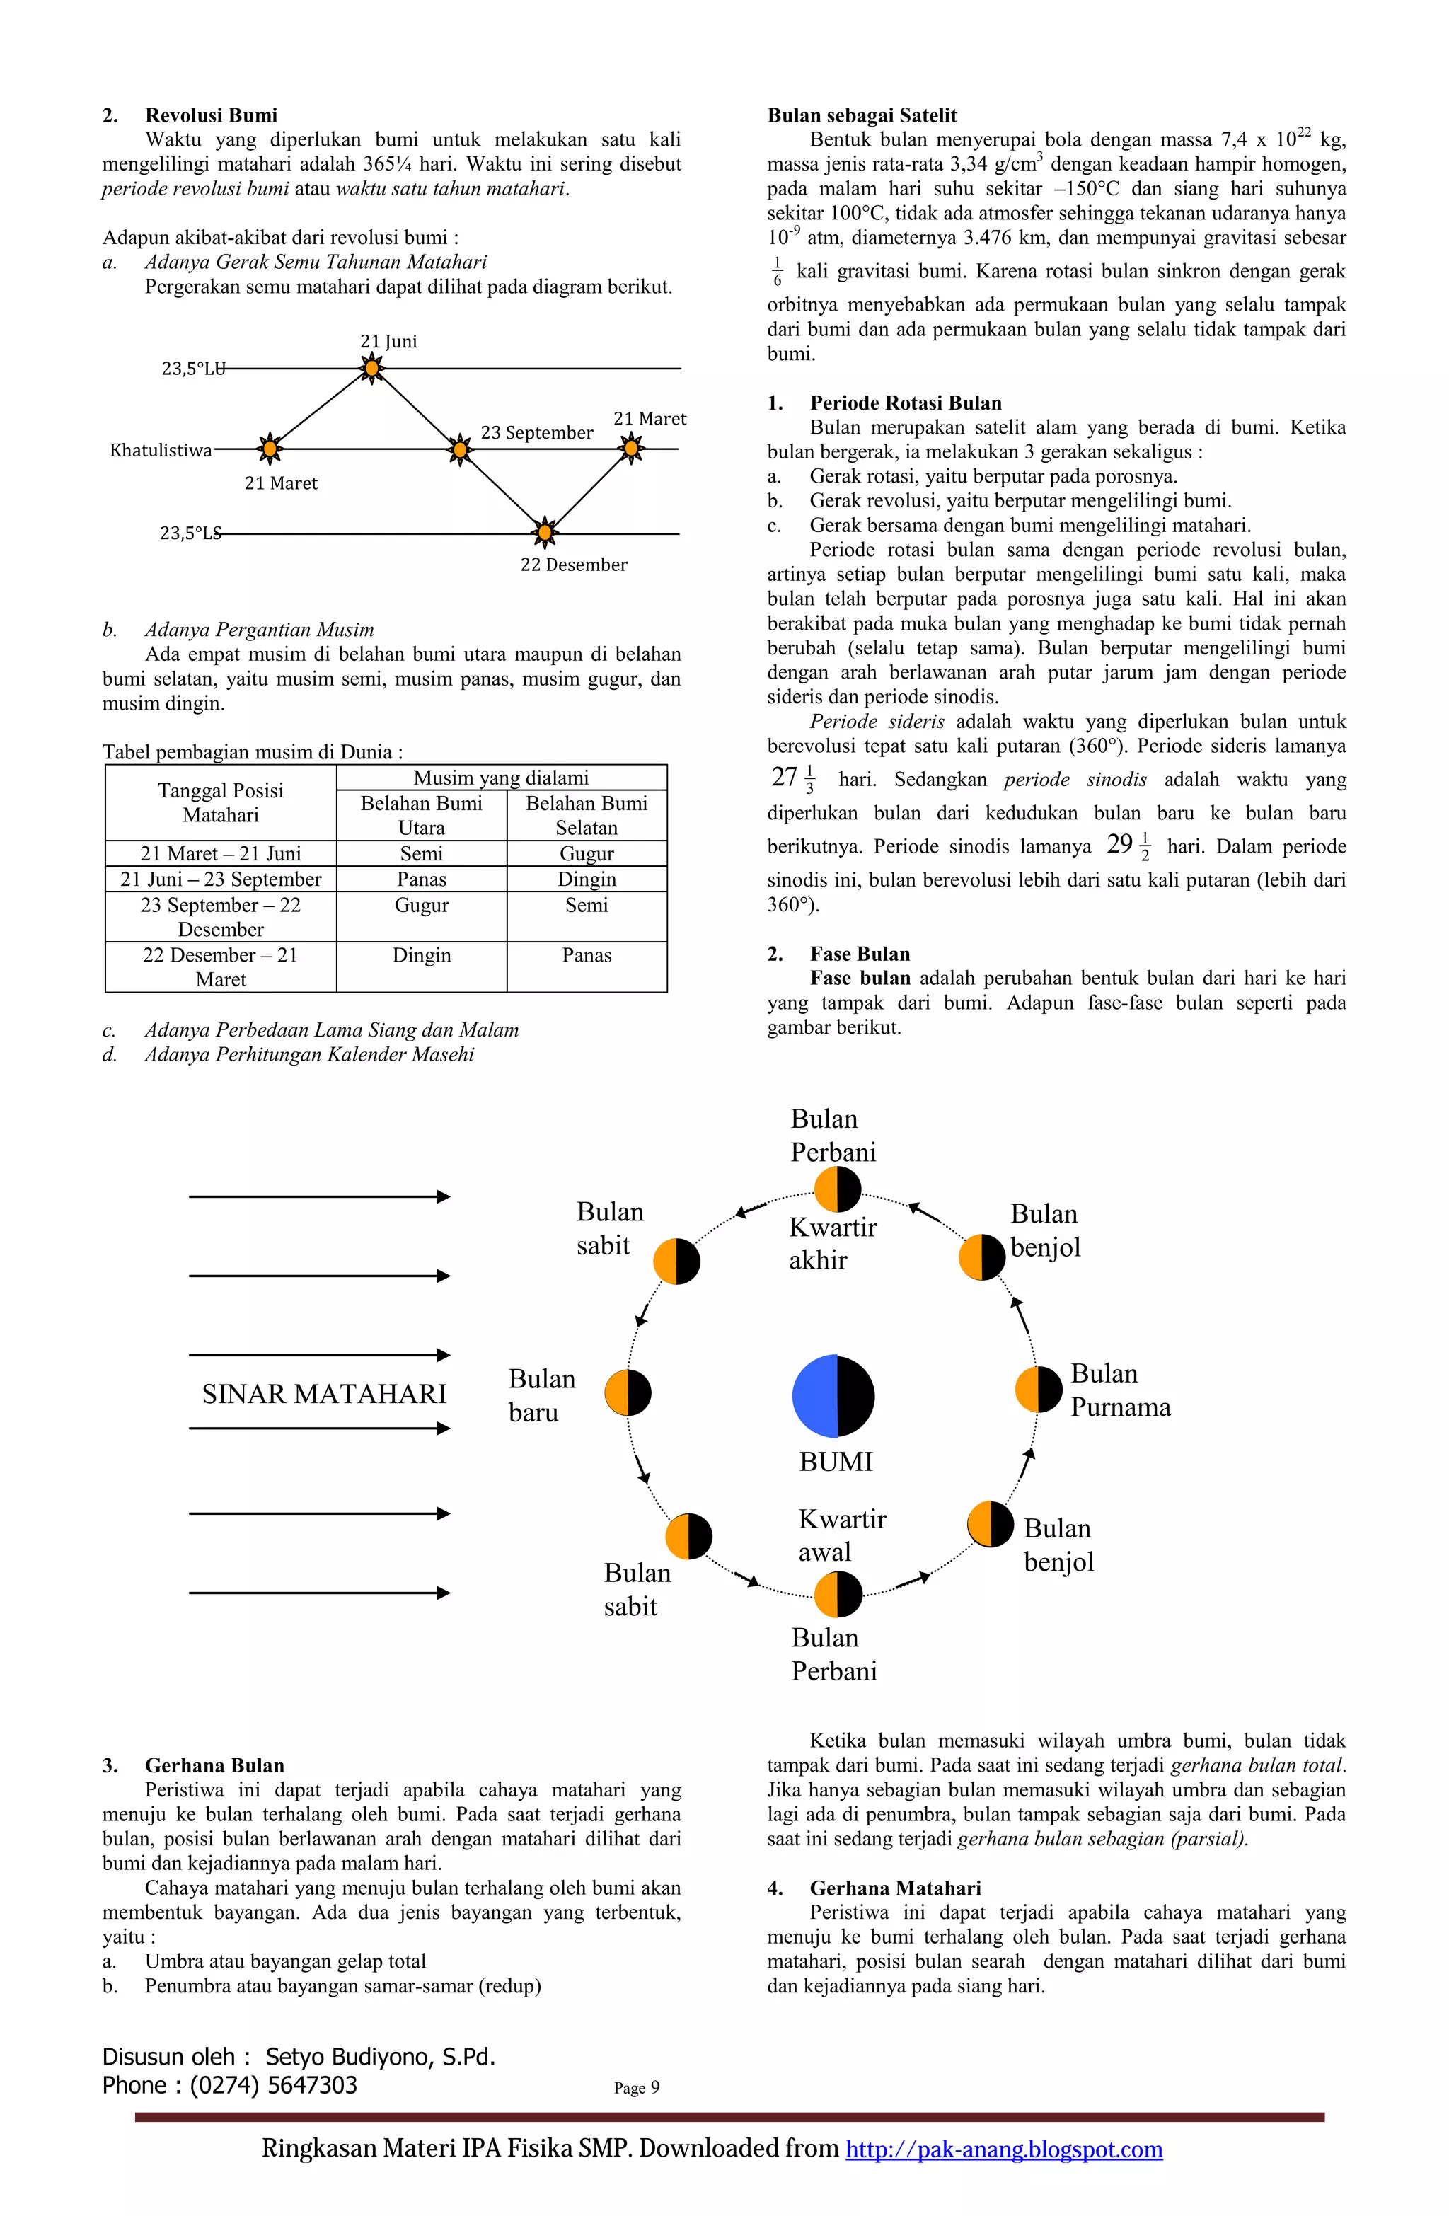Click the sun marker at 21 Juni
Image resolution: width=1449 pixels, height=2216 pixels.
click(x=371, y=369)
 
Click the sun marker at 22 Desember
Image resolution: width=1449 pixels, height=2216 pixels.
click(x=545, y=533)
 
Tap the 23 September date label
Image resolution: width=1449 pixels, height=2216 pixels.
click(x=536, y=432)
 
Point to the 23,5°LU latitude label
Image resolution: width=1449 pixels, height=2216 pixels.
click(x=192, y=369)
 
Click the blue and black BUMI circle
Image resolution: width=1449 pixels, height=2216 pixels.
click(x=833, y=1396)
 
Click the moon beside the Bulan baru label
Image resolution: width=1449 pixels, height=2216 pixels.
click(x=628, y=1393)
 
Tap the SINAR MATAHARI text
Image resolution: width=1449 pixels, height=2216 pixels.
click(x=324, y=1394)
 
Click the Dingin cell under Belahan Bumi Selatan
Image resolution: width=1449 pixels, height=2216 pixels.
click(x=587, y=879)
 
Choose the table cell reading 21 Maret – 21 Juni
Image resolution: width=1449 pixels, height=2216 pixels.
click(x=221, y=853)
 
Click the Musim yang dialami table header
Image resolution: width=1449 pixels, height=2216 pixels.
click(x=501, y=778)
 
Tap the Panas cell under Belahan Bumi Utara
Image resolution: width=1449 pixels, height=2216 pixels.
click(x=421, y=879)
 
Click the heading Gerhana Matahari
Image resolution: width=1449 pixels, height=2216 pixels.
click(x=895, y=1888)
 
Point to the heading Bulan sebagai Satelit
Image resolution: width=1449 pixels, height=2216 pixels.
click(x=861, y=115)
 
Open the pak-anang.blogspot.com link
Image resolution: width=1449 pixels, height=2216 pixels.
click(x=1004, y=2149)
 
